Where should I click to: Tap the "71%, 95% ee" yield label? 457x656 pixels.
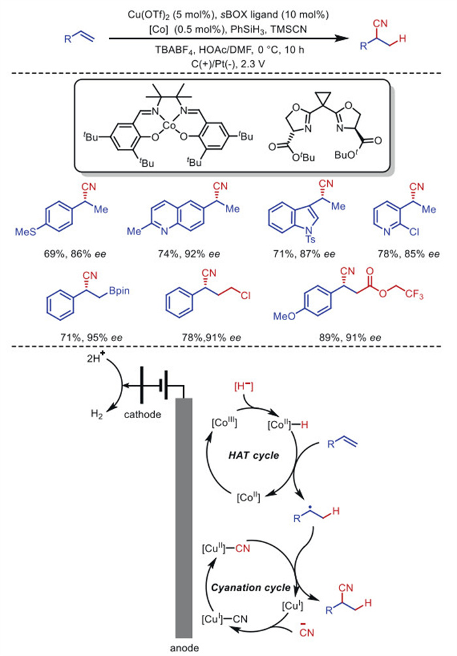tap(86, 337)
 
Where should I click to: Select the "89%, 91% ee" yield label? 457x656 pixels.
tap(330, 337)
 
